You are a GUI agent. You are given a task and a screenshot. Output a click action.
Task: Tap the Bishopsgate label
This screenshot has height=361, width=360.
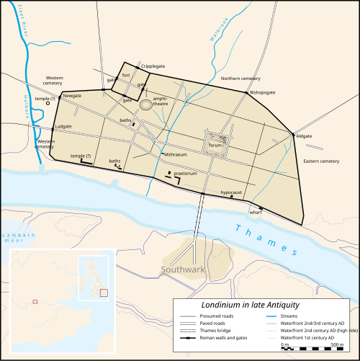tap(264, 93)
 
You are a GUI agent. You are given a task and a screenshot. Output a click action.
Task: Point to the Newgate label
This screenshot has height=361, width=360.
tap(72, 96)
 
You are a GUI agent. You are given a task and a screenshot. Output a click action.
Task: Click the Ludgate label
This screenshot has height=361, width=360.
tap(64, 126)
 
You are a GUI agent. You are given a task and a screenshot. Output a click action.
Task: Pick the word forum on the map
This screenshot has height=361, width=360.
tap(215, 143)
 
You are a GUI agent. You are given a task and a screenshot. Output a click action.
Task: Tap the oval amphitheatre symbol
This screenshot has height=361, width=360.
tap(146, 104)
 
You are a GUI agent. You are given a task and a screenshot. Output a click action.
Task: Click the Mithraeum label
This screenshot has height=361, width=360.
tap(175, 155)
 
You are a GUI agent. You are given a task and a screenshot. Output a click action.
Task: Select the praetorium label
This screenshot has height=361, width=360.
tap(186, 173)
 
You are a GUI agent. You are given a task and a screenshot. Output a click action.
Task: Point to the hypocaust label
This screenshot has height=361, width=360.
tap(231, 192)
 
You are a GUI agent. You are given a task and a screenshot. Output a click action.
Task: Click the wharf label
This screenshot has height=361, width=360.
tap(255, 213)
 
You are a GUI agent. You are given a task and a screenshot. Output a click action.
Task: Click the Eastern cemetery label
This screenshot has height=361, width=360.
tap(320, 161)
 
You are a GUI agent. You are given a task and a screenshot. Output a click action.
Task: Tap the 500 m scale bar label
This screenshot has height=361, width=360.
tap(337, 345)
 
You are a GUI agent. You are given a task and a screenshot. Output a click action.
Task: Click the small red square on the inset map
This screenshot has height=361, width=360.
tap(35, 300)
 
